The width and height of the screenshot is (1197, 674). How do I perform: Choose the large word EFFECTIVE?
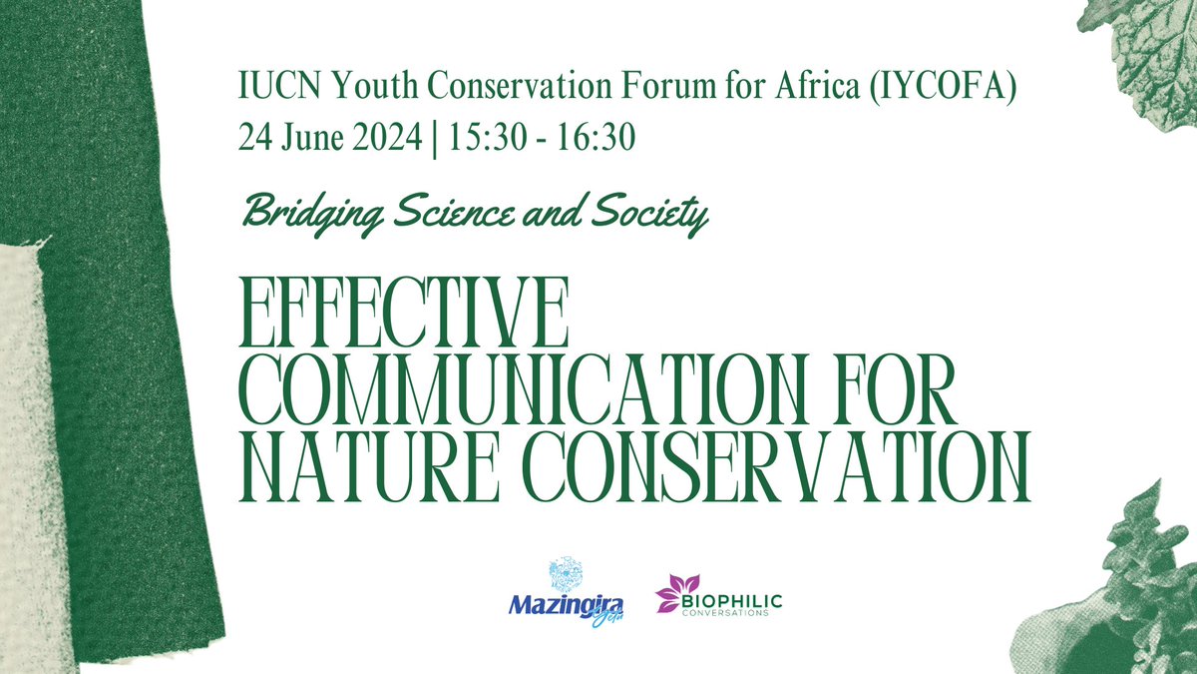(x=404, y=316)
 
